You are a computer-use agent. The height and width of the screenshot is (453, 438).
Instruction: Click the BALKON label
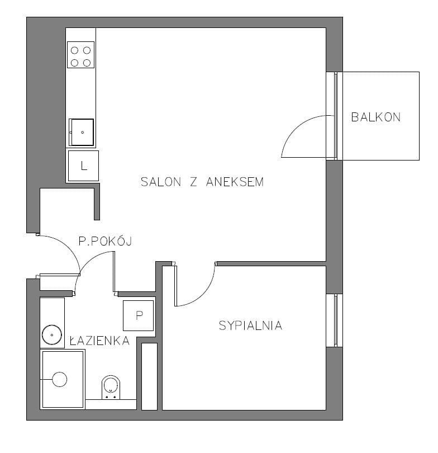point(375,117)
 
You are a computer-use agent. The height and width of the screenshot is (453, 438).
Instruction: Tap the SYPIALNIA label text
point(250,325)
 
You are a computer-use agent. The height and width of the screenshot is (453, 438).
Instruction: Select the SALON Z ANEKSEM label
point(202,182)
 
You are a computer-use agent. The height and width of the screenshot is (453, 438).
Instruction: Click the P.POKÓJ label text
point(105,240)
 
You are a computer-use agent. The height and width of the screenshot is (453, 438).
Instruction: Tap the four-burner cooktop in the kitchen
point(81,55)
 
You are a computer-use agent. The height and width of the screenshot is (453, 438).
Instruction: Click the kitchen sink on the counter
point(82,133)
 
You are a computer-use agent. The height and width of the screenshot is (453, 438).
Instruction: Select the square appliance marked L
point(83,166)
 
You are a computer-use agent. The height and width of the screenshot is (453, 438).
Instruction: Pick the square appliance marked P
point(138,315)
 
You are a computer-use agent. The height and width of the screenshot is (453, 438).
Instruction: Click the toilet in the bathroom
point(111,387)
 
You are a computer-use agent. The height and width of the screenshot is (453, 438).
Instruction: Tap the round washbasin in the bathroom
point(52,335)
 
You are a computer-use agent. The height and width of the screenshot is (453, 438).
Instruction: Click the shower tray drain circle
point(59,379)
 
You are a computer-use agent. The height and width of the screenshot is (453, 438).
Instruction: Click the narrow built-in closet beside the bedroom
point(150,376)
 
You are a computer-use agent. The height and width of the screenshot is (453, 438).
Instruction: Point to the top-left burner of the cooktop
point(74,50)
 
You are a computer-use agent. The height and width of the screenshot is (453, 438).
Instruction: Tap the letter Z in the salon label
point(193,182)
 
